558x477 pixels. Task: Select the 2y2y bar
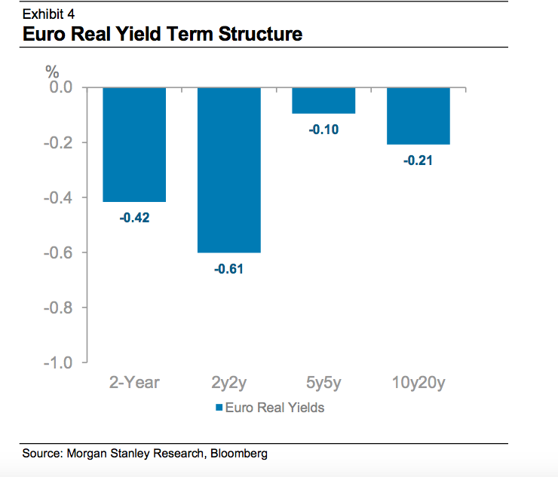click(x=229, y=170)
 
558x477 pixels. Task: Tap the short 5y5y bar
click(x=323, y=100)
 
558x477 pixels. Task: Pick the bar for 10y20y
click(x=418, y=115)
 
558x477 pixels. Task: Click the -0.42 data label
click(x=134, y=219)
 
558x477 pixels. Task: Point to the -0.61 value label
click(x=229, y=269)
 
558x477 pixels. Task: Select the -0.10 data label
click(x=323, y=130)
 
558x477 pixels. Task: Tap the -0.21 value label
click(x=418, y=160)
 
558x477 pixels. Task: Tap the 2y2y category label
click(x=229, y=383)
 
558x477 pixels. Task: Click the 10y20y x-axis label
click(x=418, y=383)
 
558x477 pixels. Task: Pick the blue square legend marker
click(x=219, y=408)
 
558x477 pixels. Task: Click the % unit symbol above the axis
click(x=52, y=72)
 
